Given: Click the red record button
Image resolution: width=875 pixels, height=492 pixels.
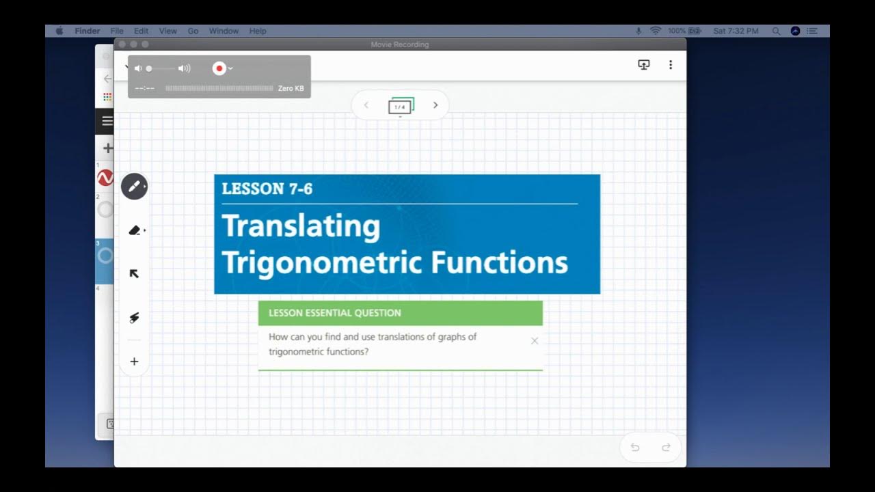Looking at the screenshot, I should tap(219, 68).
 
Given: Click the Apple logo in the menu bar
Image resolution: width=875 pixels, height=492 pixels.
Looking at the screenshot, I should tap(59, 31).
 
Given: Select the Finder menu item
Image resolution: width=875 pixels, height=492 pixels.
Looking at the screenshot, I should tap(87, 31).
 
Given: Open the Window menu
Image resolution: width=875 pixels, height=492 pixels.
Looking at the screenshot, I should tap(224, 31).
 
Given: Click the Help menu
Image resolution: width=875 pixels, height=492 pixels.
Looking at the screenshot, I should tap(258, 31).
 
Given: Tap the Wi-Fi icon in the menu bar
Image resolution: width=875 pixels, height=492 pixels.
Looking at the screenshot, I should tap(656, 31).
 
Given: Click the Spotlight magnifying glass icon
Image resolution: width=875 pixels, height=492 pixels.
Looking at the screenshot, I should tap(776, 31).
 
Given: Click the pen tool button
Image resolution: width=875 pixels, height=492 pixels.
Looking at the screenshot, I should tap(134, 186).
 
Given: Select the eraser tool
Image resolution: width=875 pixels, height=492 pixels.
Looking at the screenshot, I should tap(134, 230).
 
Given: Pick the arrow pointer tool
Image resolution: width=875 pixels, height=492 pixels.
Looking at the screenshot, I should tap(134, 274).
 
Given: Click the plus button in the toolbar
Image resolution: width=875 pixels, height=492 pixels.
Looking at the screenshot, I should tap(134, 361).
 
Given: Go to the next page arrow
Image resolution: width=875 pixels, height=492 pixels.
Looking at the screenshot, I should tap(435, 105).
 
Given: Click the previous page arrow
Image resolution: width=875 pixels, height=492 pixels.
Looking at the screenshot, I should tap(366, 105).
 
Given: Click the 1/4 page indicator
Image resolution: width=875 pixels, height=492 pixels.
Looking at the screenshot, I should tap(400, 107).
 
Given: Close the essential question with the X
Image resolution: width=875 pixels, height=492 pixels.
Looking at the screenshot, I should tap(535, 341).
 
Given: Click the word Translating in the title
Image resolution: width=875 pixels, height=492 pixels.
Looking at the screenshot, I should tap(301, 226).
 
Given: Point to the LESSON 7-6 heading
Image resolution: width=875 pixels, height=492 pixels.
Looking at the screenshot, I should tap(267, 189).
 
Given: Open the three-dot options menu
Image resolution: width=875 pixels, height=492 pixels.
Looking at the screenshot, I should tap(671, 65).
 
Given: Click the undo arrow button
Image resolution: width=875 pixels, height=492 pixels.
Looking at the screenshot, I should tap(635, 448).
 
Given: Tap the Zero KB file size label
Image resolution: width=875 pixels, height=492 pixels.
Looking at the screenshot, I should tap(291, 88).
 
